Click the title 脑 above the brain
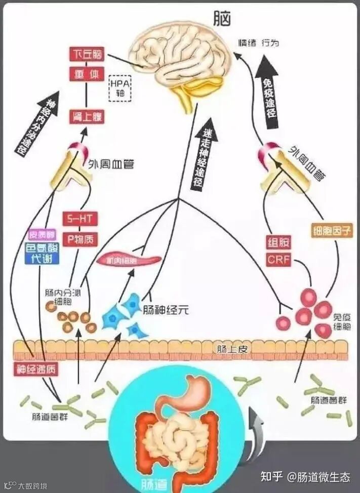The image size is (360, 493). coord(222,19)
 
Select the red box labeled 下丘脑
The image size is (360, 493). coord(86,53)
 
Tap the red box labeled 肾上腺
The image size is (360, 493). coord(86,117)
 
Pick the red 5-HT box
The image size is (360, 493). coord(79,219)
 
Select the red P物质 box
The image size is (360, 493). coord(79,239)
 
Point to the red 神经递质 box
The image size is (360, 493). coord(35,369)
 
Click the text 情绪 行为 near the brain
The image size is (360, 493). coord(259,44)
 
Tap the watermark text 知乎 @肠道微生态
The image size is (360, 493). coord(305,477)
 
